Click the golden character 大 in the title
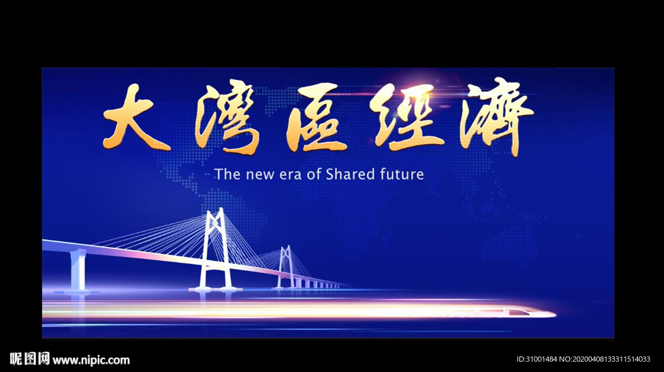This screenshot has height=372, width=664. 136,119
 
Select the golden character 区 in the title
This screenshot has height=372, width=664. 316,118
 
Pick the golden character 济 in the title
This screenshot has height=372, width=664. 496,116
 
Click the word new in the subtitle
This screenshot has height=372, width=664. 260,175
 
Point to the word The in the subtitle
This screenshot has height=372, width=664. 228,174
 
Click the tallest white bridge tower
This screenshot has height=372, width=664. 215,249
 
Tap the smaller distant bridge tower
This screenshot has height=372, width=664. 286,266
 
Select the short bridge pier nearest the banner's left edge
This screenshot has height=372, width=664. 78,270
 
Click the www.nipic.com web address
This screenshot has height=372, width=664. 91,360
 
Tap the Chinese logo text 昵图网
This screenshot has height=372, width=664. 30,359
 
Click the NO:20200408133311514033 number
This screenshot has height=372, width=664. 605,359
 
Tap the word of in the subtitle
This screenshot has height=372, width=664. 314,174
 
